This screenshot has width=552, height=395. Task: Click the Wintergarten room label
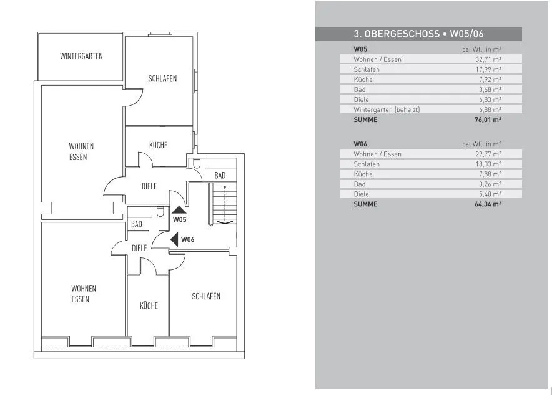point(81,56)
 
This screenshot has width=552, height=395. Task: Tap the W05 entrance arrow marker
point(179,210)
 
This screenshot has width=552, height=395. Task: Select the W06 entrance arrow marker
point(175,239)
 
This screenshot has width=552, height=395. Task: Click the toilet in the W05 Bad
point(197,163)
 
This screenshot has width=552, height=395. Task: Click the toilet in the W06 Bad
point(160,211)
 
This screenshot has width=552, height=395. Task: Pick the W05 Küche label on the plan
point(158,145)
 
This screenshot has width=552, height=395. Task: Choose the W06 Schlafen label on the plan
point(206,296)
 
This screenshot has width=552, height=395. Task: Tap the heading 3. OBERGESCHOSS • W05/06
point(418,34)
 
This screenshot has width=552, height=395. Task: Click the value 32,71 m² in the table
point(488,59)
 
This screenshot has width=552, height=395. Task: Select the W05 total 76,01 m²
point(488,119)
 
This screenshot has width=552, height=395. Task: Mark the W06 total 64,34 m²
point(488,204)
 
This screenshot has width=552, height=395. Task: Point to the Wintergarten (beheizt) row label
point(387,109)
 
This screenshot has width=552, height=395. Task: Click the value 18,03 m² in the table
point(488,164)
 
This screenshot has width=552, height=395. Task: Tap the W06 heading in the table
point(360,144)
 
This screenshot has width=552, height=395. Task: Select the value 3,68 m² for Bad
point(490,89)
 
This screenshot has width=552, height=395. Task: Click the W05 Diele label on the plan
point(149,186)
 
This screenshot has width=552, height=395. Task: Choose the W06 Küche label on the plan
point(149,306)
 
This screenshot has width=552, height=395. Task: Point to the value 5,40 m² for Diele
point(490,194)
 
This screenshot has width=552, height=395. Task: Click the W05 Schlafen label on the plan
point(162,78)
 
